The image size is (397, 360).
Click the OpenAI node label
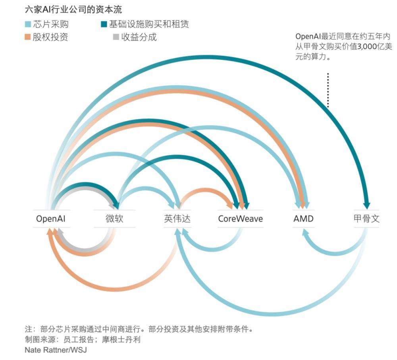pyautogui.click(x=50, y=219)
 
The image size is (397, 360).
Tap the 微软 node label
pyautogui.click(x=114, y=219)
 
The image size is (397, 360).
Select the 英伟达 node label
pyautogui.click(x=177, y=219)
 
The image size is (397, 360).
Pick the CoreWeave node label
pyautogui.click(x=240, y=219)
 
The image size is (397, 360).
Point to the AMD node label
pyautogui.click(x=303, y=219)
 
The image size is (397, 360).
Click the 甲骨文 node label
pyautogui.click(x=366, y=219)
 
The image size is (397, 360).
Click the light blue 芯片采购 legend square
pyautogui.click(x=28, y=24)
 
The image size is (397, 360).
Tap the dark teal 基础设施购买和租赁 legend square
pyautogui.click(x=104, y=24)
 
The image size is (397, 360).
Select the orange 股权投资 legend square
pyautogui.click(x=28, y=37)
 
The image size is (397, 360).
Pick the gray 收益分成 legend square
pyautogui.click(x=116, y=37)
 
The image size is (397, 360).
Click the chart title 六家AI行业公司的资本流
pyautogui.click(x=73, y=9)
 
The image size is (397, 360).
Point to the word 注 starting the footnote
pyautogui.click(x=28, y=329)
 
